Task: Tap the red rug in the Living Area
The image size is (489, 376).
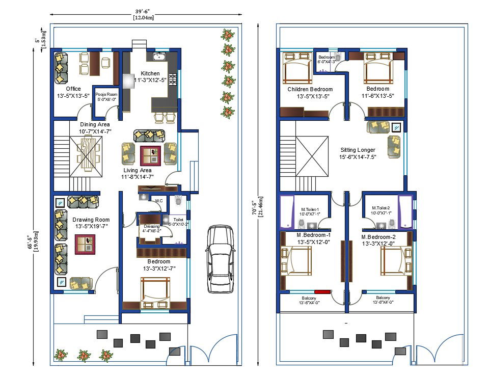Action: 150,155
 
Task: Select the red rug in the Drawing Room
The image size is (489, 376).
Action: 85,244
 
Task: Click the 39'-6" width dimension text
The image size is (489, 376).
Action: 144,11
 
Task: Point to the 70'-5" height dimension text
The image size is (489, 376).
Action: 261,202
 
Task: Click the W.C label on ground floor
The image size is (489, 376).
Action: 159,200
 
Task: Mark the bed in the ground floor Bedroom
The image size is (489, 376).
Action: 155,294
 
